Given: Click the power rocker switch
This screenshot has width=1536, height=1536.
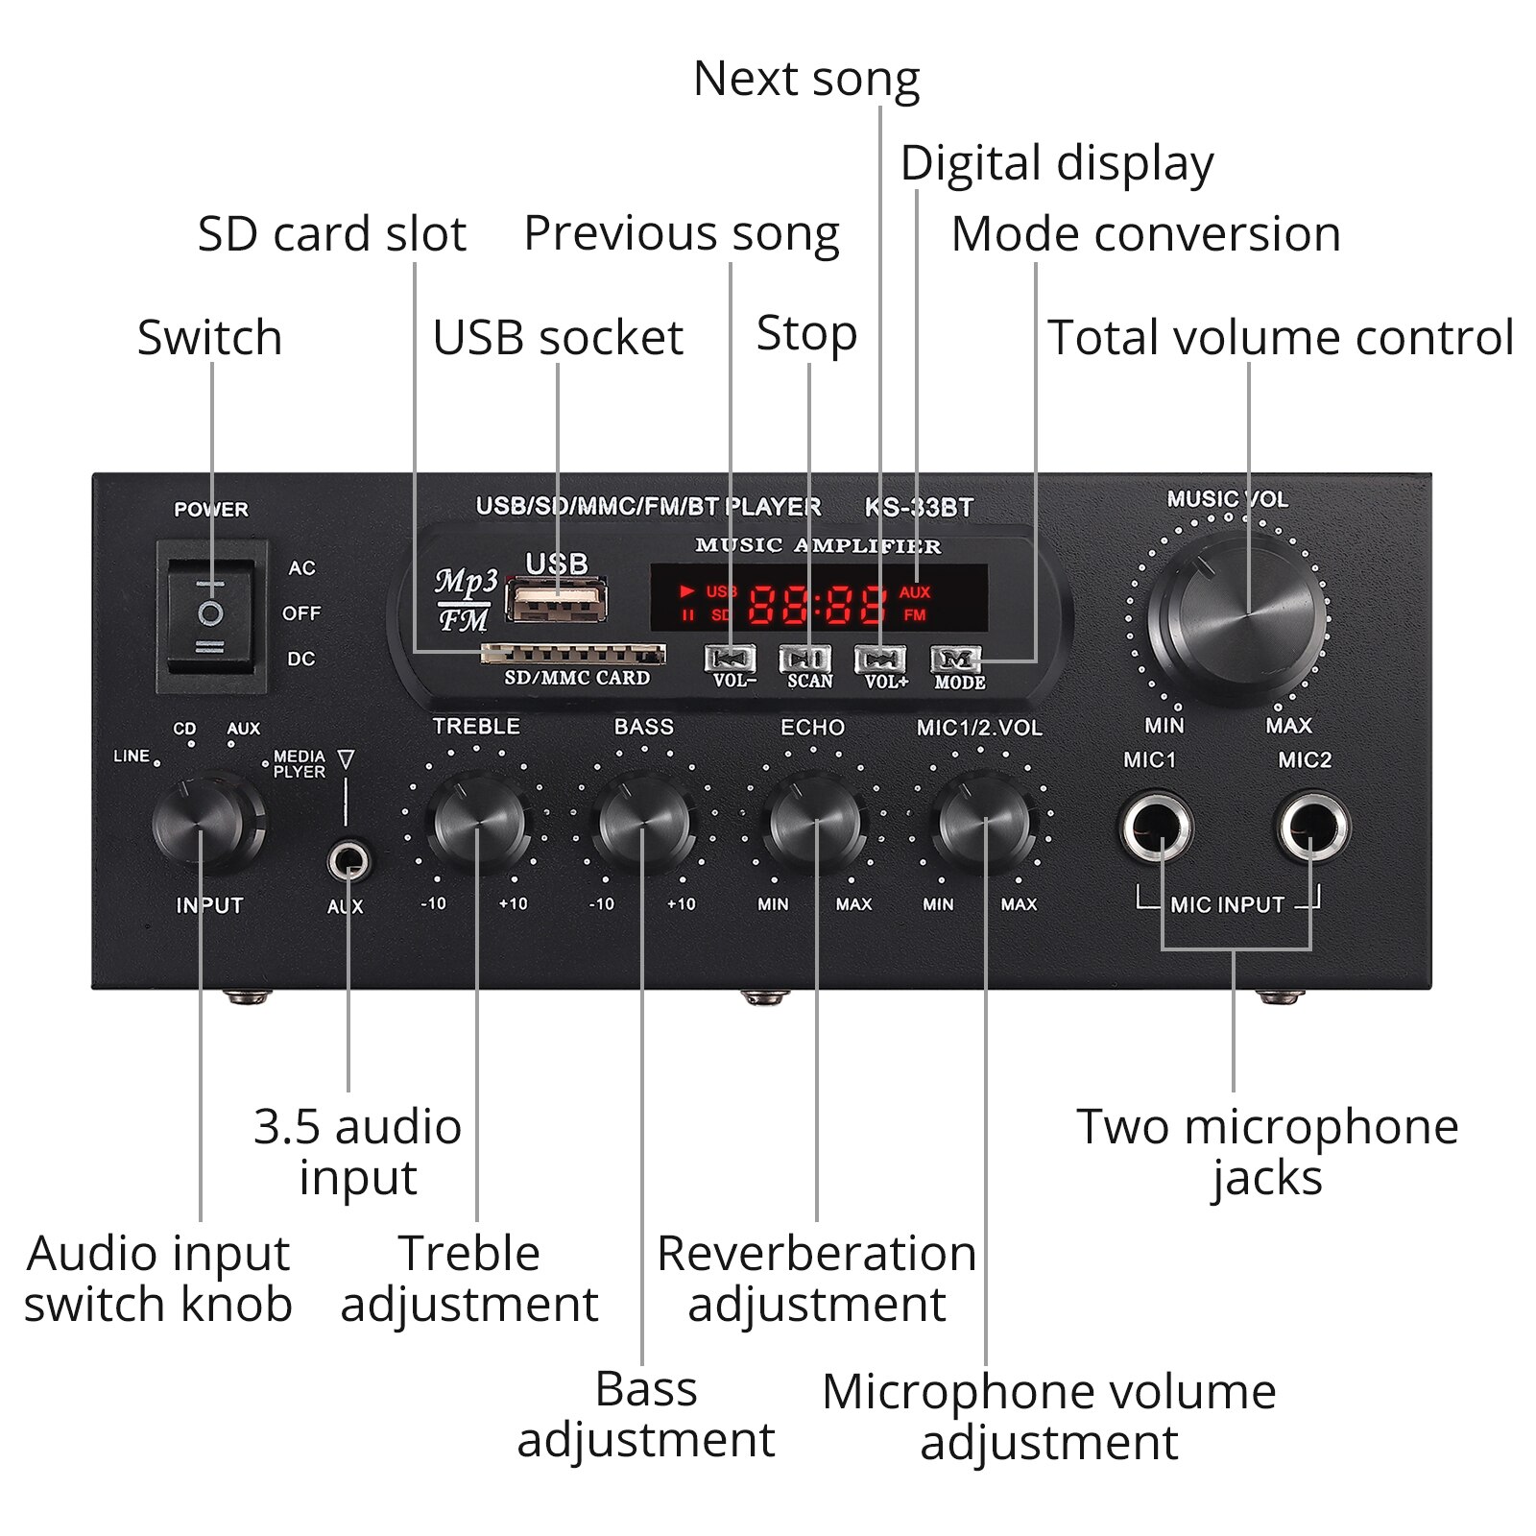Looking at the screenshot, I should tap(211, 615).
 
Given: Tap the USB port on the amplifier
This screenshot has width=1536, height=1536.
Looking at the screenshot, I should tap(556, 601).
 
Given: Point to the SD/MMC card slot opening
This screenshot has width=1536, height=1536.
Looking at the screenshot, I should tap(573, 655).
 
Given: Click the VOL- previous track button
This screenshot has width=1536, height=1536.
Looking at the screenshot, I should tap(731, 660).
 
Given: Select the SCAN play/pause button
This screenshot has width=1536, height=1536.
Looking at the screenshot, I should tap(805, 660).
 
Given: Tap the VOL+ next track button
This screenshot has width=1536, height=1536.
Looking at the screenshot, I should tap(880, 660).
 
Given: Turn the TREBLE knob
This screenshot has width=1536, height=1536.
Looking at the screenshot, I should tap(477, 824).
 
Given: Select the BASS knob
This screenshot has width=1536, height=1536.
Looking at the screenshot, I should tap(643, 824).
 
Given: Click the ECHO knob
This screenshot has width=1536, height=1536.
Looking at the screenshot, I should tap(815, 824).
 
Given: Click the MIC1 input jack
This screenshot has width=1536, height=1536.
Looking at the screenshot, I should tap(1157, 827).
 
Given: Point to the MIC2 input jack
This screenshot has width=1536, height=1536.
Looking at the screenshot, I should tap(1311, 827).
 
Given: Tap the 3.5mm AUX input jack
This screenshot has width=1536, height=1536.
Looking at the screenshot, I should tap(348, 860).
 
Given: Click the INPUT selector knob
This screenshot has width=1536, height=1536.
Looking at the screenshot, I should tap(204, 824).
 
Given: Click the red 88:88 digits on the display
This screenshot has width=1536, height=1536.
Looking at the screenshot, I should tap(817, 605).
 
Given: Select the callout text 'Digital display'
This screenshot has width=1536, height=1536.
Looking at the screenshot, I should tap(1056, 164).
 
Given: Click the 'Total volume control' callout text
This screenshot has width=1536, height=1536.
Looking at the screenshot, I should tap(1280, 338).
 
